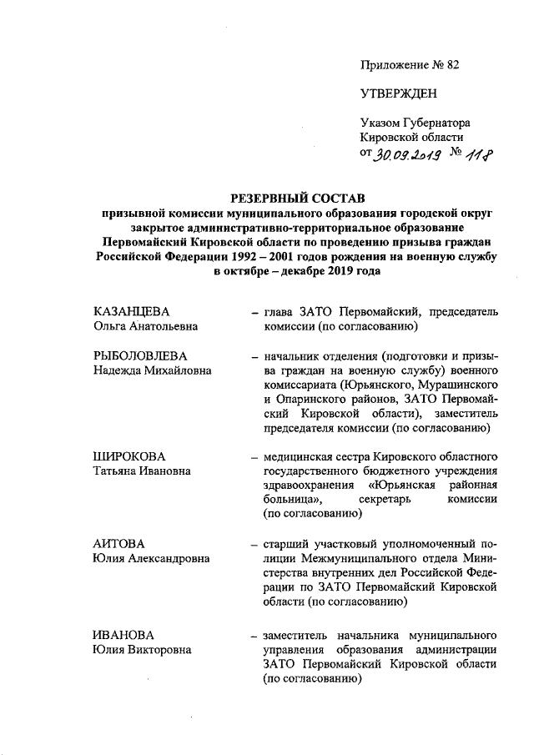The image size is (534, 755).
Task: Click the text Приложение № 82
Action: point(410,64)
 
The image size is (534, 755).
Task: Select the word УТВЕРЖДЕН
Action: point(398,93)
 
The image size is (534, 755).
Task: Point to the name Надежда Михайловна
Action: point(152,370)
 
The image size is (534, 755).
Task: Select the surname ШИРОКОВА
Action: point(129,456)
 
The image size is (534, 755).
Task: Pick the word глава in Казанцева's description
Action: point(280,312)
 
